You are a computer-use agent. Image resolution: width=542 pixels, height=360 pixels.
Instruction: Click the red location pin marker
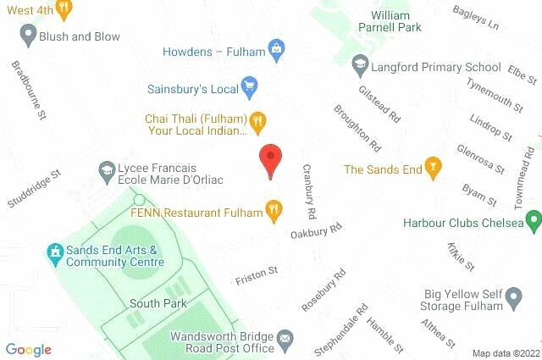tap(269, 159)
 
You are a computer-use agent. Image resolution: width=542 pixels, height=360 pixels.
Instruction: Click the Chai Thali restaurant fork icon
tap(259, 124)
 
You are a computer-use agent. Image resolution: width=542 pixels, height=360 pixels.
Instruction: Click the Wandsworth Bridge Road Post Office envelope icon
tap(285, 340)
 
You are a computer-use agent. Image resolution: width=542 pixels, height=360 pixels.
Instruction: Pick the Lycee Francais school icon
tap(107, 170)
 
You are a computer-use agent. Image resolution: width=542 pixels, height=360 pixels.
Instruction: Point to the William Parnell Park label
tap(402, 21)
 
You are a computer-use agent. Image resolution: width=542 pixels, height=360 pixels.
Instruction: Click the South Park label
tap(152, 303)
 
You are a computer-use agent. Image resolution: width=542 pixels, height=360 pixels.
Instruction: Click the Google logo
tap(28, 350)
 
